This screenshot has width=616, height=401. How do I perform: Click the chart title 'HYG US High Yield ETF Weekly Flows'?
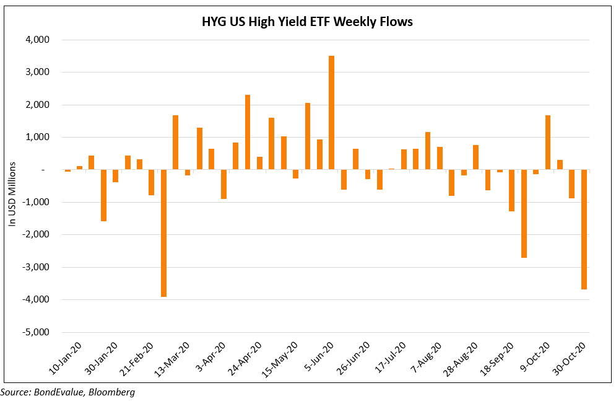pos(307,22)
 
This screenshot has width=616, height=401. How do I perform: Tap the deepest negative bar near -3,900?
pos(163,233)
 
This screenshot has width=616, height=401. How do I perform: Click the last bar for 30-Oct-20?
pos(584,229)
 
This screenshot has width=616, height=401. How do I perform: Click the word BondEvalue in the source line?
pos(59,392)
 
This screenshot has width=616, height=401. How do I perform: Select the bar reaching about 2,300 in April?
pos(248,132)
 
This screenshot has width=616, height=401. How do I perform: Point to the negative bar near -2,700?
pos(524,214)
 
